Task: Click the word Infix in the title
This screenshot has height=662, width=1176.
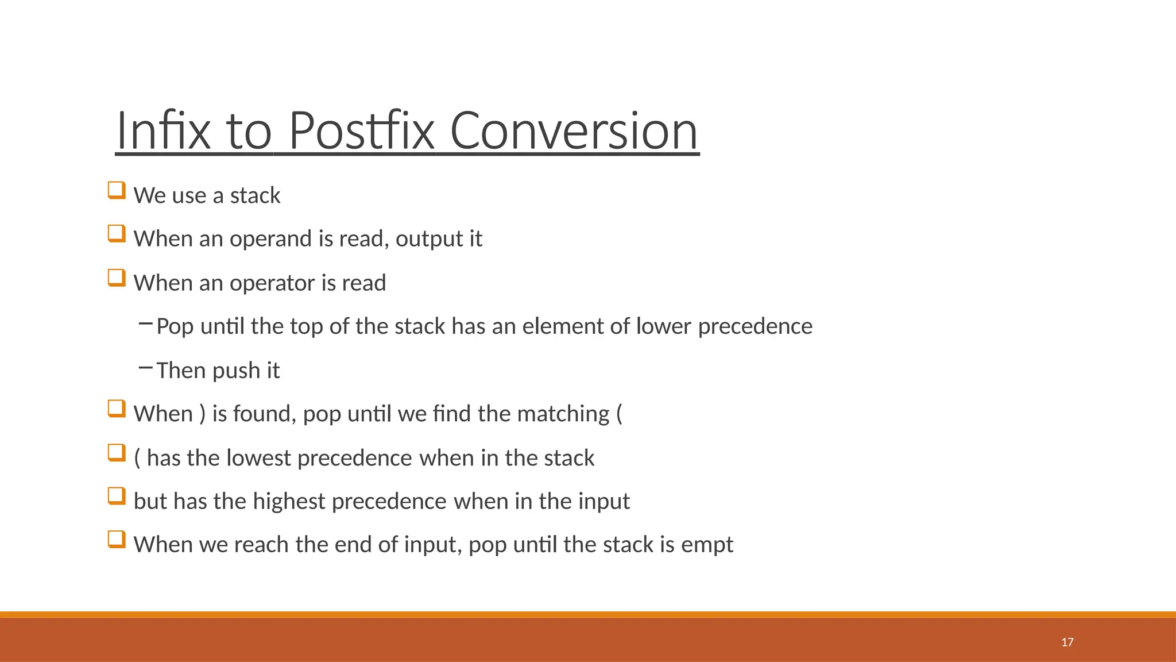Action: (x=163, y=131)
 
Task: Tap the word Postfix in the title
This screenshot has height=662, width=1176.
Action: (x=361, y=131)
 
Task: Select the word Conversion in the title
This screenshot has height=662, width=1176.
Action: (x=574, y=131)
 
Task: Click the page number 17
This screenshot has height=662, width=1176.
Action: (x=1067, y=642)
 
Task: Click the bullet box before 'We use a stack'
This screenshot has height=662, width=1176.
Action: (x=117, y=190)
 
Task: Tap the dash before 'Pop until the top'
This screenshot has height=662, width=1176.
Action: (x=145, y=324)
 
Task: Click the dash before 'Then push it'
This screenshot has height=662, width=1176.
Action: (x=145, y=368)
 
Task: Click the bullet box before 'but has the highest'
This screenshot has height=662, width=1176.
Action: (x=117, y=496)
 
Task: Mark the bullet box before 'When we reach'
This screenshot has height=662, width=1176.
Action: (x=117, y=540)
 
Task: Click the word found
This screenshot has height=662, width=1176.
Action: (x=265, y=414)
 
